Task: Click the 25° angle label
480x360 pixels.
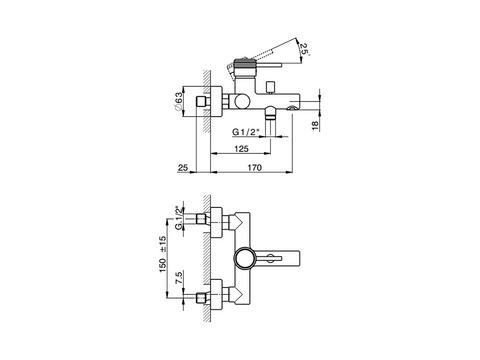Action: tap(304, 49)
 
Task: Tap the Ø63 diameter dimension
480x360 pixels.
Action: tap(178, 101)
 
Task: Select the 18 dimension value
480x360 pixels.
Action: tap(315, 125)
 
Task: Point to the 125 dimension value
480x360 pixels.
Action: tap(241, 148)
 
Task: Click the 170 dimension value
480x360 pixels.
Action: tap(254, 167)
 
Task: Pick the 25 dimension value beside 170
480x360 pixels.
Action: tap(183, 167)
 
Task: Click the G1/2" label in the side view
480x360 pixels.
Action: tap(246, 132)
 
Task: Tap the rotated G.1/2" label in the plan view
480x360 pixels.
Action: tap(179, 218)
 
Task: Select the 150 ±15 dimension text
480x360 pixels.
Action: tap(163, 254)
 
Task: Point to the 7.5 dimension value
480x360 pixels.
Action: tap(179, 278)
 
